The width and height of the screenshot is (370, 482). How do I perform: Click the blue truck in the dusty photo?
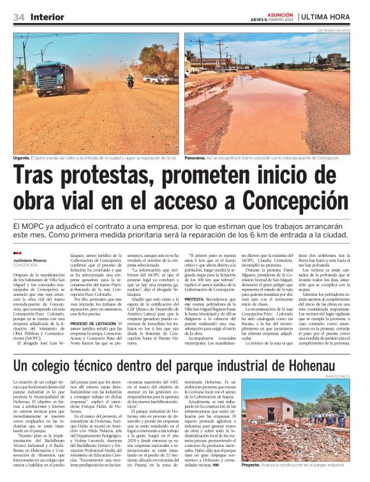click(54, 77)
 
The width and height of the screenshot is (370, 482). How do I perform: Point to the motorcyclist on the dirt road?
click(130, 81)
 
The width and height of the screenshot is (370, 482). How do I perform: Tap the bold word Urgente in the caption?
click(23, 158)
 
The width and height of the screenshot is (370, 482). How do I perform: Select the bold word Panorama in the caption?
click(196, 158)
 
